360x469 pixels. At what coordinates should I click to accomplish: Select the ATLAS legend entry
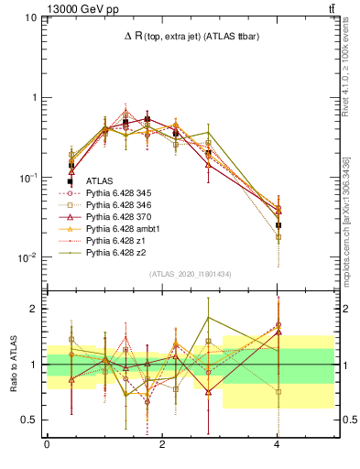tap(98, 182)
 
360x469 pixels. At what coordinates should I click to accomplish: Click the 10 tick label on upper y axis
tap(30, 17)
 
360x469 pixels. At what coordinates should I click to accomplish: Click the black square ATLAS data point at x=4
tap(278, 224)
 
